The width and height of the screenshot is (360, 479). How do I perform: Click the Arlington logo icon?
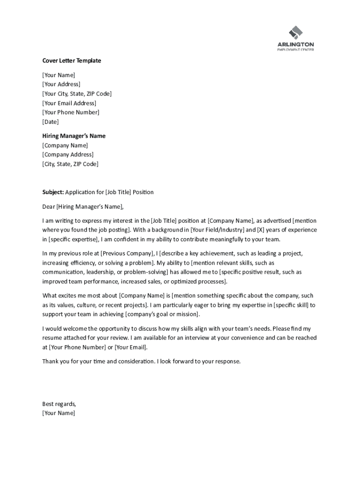point(295,32)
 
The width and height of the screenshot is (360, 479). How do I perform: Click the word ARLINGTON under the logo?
point(295,44)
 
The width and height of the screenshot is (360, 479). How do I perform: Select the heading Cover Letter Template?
point(72,61)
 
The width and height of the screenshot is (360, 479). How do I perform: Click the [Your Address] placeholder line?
point(61,84)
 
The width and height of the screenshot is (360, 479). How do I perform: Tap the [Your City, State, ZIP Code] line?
point(77,94)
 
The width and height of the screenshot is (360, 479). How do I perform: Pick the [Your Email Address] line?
point(69,103)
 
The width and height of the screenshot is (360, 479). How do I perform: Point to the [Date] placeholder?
point(50,122)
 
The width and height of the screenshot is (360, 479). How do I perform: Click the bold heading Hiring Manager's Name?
point(74,136)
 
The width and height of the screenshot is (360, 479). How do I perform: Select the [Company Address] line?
point(68,155)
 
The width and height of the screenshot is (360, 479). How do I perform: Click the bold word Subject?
point(53,192)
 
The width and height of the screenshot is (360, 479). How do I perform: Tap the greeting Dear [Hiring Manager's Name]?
point(83,206)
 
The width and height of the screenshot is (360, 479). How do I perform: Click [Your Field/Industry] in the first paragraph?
point(217,230)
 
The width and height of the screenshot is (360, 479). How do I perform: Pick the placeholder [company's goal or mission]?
point(163,314)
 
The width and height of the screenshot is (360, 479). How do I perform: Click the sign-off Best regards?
point(59,404)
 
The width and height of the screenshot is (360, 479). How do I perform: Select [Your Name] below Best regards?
point(58,413)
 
